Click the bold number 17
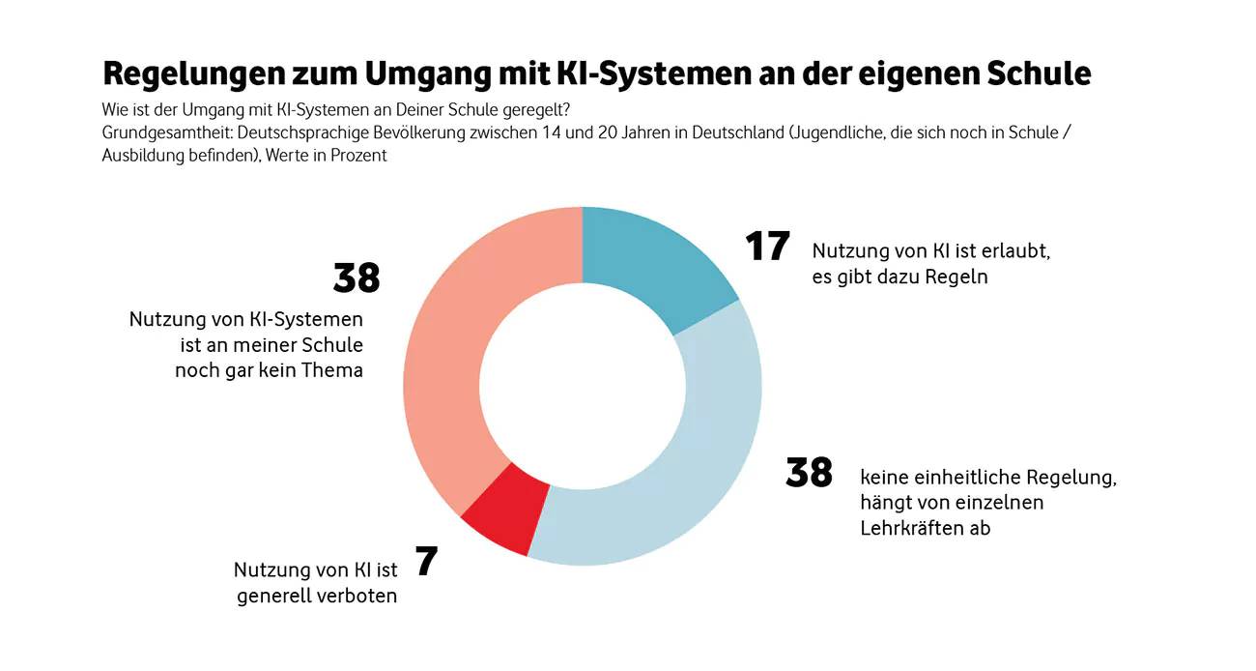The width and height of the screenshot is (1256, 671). [x=767, y=247]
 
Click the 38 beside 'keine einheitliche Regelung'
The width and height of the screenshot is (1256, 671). [x=809, y=474]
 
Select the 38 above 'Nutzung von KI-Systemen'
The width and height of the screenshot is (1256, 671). [x=357, y=278]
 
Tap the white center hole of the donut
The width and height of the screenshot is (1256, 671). [x=583, y=387]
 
